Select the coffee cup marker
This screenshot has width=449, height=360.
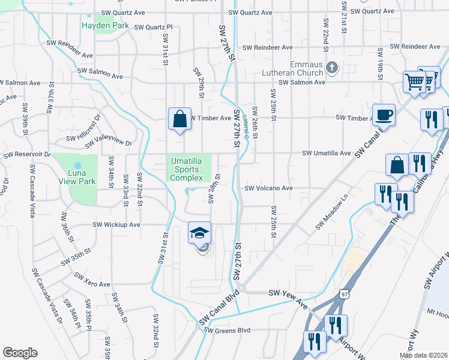pyautogui.click(x=383, y=115)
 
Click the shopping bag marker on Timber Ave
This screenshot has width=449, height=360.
pyautogui.click(x=180, y=118)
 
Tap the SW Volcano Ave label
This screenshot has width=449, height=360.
pyautogui.click(x=268, y=188)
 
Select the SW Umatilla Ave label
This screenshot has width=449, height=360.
pyautogui.click(x=326, y=154)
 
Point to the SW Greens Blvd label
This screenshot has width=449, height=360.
pyautogui.click(x=226, y=330)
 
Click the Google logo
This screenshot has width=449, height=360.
pyautogui.click(x=20, y=353)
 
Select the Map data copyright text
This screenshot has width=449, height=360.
pyautogui.click(x=423, y=355)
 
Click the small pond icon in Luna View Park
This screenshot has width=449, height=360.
pyautogui.click(x=77, y=165)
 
